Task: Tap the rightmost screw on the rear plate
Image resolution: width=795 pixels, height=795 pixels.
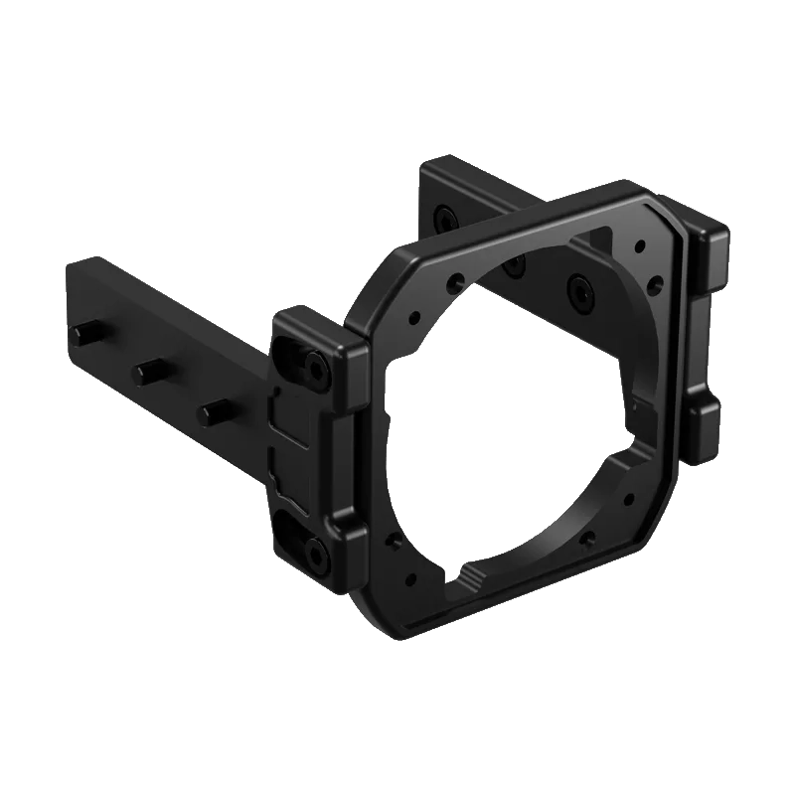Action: point(578,289)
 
